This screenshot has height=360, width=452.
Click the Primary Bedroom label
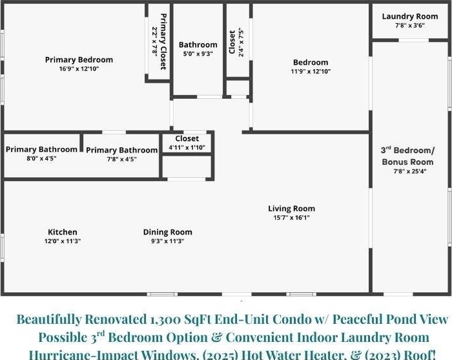tap(79, 59)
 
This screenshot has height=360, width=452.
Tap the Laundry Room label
tap(410, 16)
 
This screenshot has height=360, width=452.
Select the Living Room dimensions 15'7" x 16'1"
tap(291, 218)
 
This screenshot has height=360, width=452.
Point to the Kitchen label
tap(62, 232)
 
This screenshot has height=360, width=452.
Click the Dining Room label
tap(167, 232)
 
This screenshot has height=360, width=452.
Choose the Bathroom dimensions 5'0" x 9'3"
tap(198, 54)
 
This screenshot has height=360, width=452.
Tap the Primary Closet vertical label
tap(163, 41)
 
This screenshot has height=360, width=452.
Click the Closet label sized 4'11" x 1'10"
tap(187, 138)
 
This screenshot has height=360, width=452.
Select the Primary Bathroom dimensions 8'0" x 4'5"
tap(41, 158)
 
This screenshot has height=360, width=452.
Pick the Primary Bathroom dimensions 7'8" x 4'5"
tap(121, 159)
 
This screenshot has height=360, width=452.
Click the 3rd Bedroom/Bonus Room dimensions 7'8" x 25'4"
tap(410, 171)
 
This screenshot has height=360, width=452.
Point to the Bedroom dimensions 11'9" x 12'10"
tap(311, 71)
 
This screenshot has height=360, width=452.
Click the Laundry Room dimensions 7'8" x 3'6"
tap(410, 25)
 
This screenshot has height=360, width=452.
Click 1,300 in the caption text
tap(165, 320)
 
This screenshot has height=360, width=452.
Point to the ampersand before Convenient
tap(216, 337)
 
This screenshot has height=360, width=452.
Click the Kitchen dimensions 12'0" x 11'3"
tap(62, 241)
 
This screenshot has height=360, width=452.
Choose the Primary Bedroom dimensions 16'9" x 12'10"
tap(79, 69)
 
